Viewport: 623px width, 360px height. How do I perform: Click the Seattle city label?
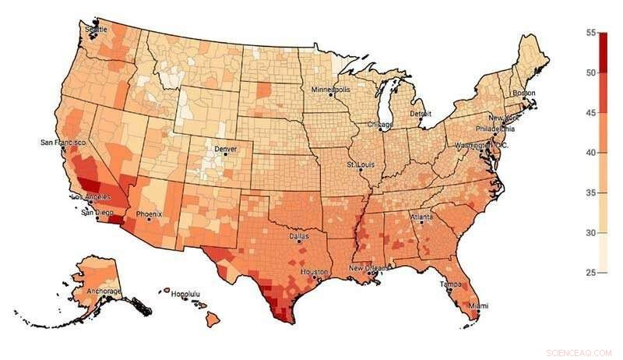click(x=96, y=29)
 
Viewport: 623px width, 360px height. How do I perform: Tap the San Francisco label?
click(x=62, y=143)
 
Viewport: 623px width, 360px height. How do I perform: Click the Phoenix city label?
click(x=149, y=213)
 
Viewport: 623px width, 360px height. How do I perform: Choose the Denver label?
click(x=225, y=147)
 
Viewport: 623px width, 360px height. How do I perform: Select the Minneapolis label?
click(x=331, y=90)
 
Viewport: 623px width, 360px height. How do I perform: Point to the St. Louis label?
click(x=361, y=164)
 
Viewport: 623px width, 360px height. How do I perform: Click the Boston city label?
click(x=524, y=94)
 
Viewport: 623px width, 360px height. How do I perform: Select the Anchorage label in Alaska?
click(x=104, y=291)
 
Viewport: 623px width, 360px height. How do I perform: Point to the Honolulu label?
click(x=185, y=294)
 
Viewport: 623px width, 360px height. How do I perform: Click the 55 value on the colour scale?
click(x=591, y=32)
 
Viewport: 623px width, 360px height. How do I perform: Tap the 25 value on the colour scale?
click(x=591, y=272)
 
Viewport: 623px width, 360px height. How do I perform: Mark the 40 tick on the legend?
click(x=591, y=152)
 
